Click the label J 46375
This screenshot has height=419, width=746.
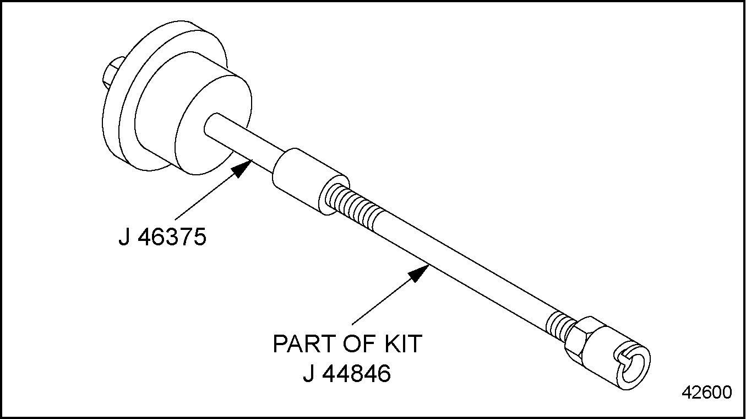coord(162,237)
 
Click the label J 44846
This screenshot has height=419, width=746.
coord(347,373)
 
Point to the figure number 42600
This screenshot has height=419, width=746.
coord(707,393)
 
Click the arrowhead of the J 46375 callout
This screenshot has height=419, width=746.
coord(242,168)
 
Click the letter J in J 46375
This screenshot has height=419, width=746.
coord(124,237)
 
